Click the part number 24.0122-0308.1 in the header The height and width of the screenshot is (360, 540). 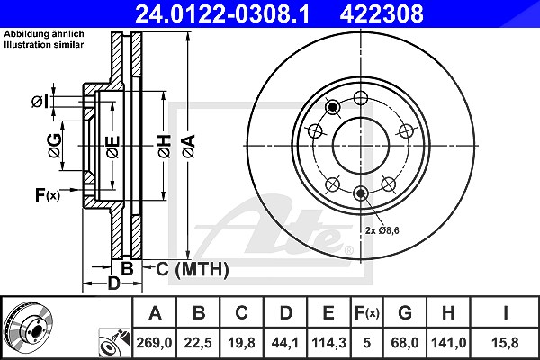(x=223, y=13)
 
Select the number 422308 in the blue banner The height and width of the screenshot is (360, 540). (x=382, y=13)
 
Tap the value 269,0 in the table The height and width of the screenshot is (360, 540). (x=154, y=343)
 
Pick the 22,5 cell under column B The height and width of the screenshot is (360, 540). (x=198, y=343)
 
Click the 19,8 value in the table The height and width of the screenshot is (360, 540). (x=241, y=343)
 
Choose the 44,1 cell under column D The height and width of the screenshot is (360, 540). (x=285, y=343)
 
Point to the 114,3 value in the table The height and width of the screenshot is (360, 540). (x=328, y=343)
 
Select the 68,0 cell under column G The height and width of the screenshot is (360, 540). (x=405, y=343)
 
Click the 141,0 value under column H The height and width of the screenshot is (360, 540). (x=449, y=343)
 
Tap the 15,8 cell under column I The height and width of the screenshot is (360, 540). (x=505, y=343)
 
